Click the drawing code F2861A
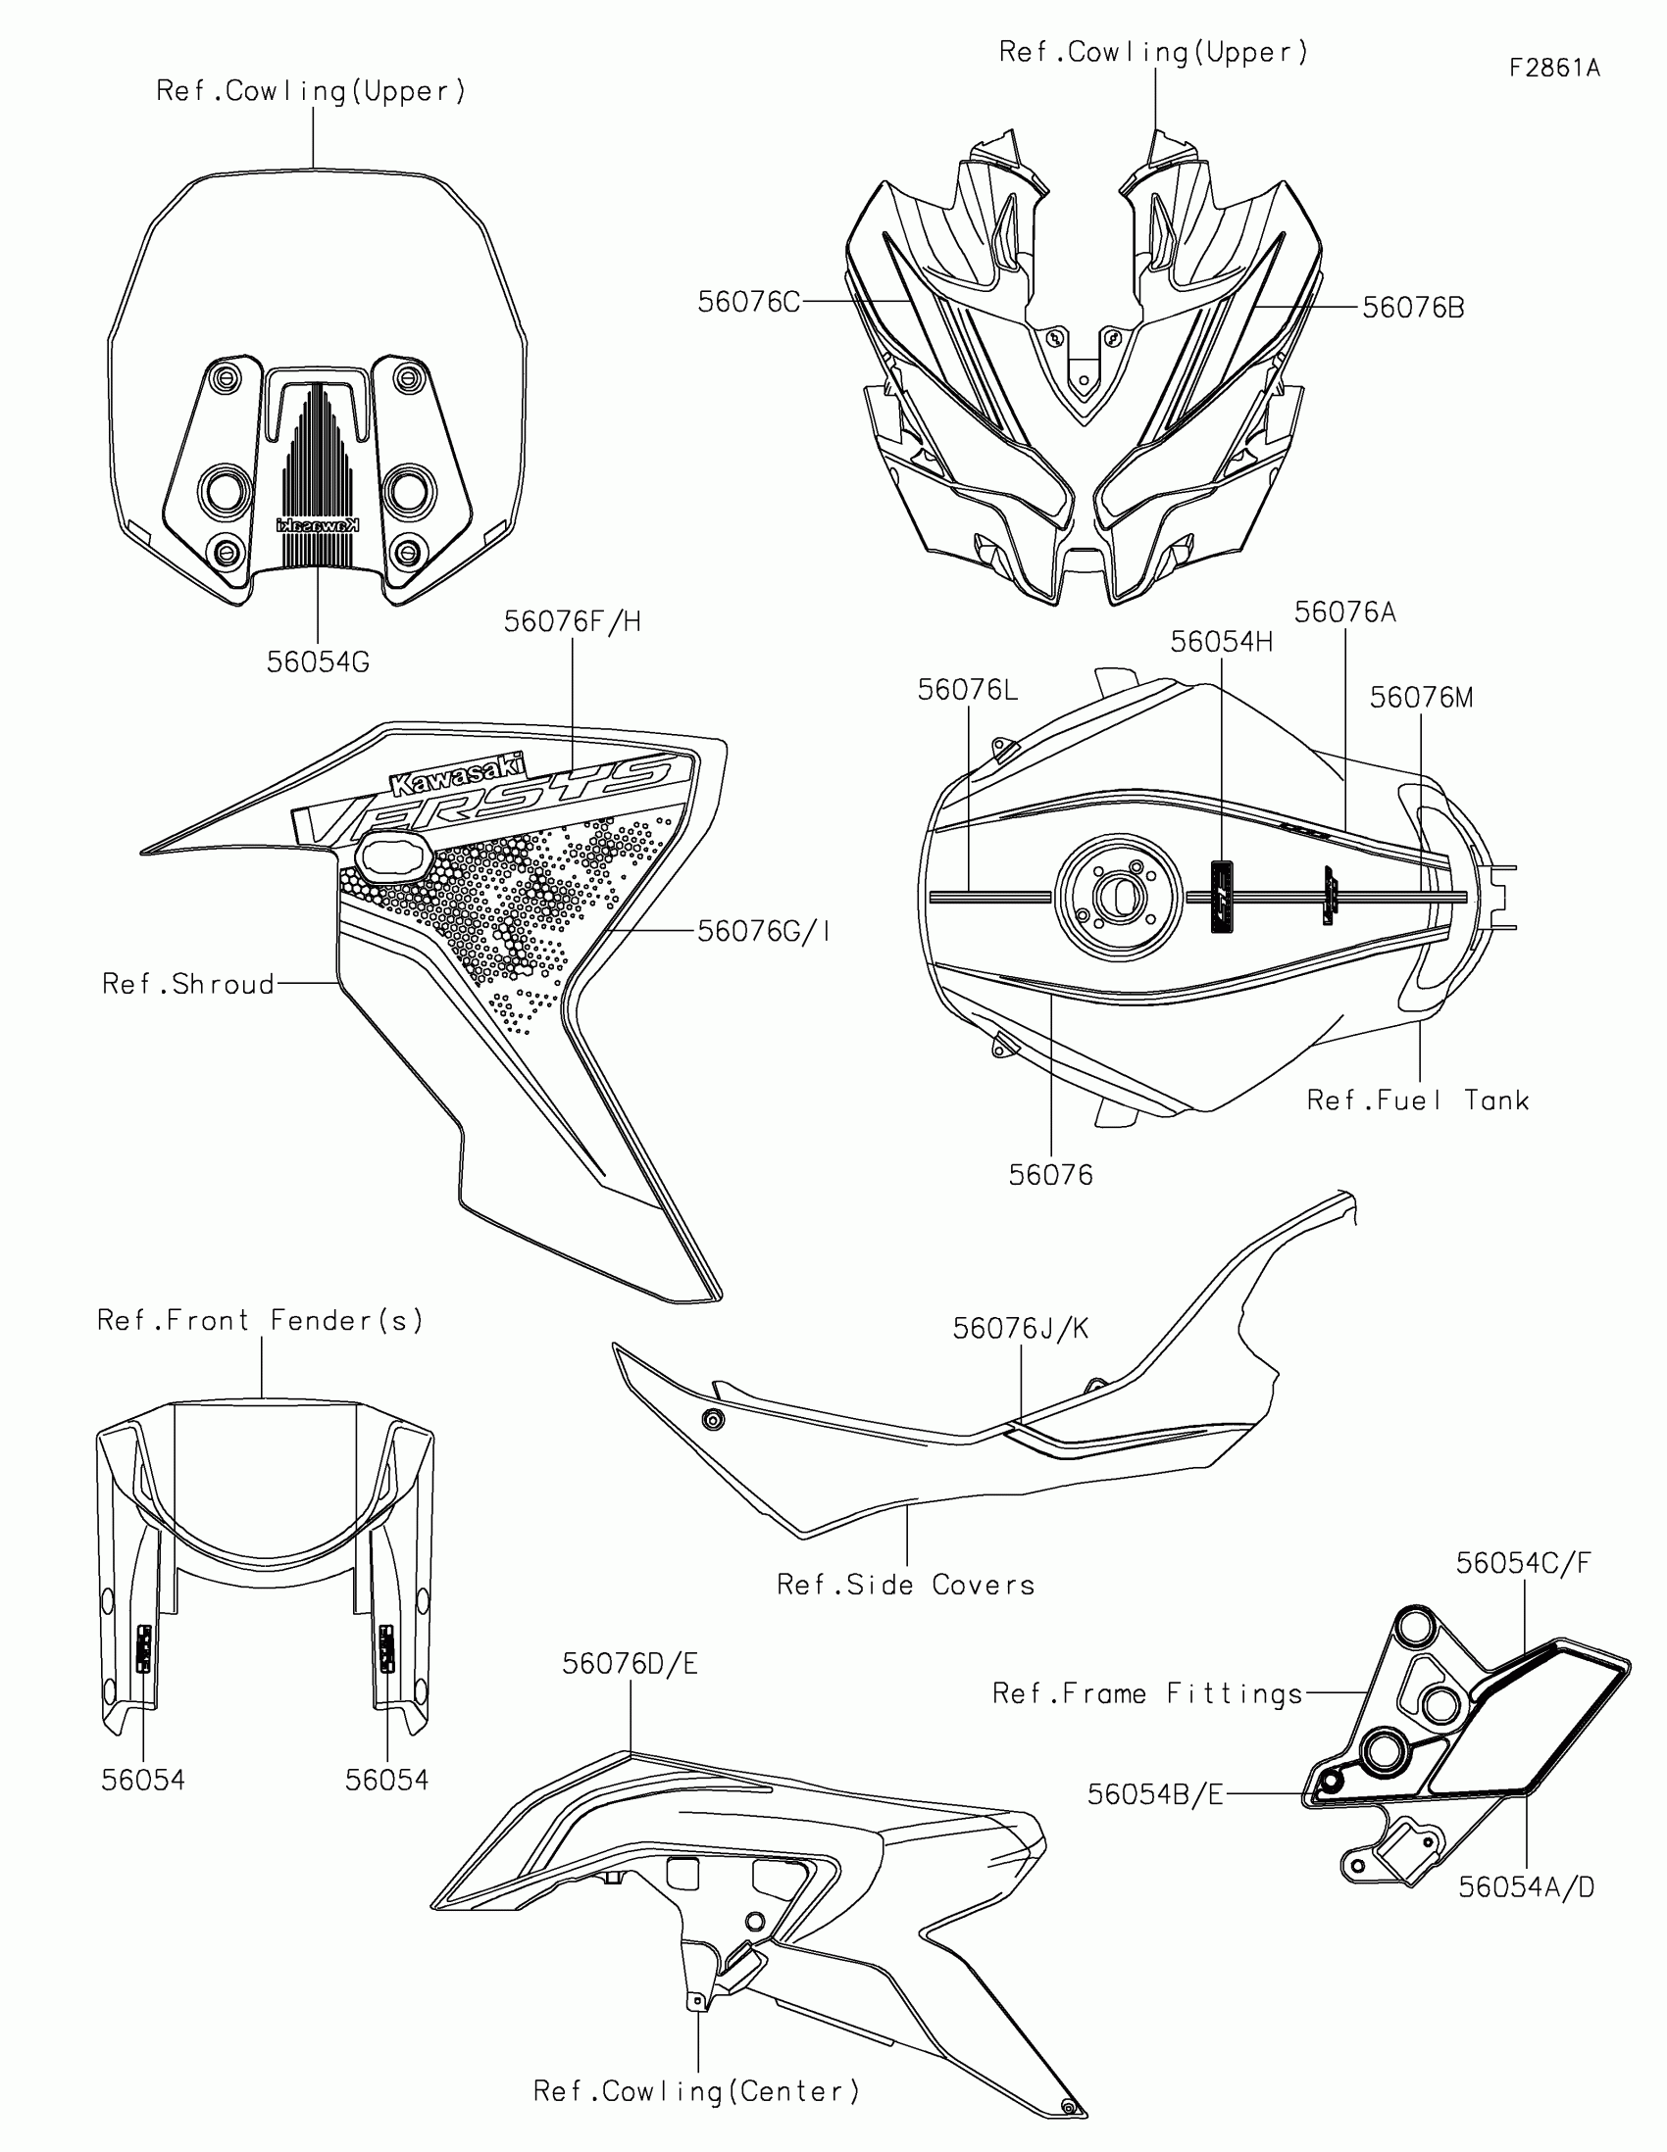tap(1553, 68)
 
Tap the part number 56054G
tap(318, 662)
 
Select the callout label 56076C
tap(748, 303)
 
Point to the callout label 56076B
tap(1413, 308)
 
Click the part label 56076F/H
tap(572, 621)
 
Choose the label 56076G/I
tap(763, 931)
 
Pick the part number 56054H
tap(1221, 643)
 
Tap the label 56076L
tap(967, 690)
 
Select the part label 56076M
tap(1421, 698)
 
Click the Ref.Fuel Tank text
tap(1417, 1100)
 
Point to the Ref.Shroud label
tap(188, 983)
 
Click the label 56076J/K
tap(1021, 1328)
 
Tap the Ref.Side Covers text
tap(905, 1585)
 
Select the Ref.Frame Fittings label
tap(1147, 1693)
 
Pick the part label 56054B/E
tap(1154, 1794)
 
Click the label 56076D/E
tap(630, 1663)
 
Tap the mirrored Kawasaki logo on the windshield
tap(318, 525)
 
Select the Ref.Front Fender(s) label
tap(260, 1319)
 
